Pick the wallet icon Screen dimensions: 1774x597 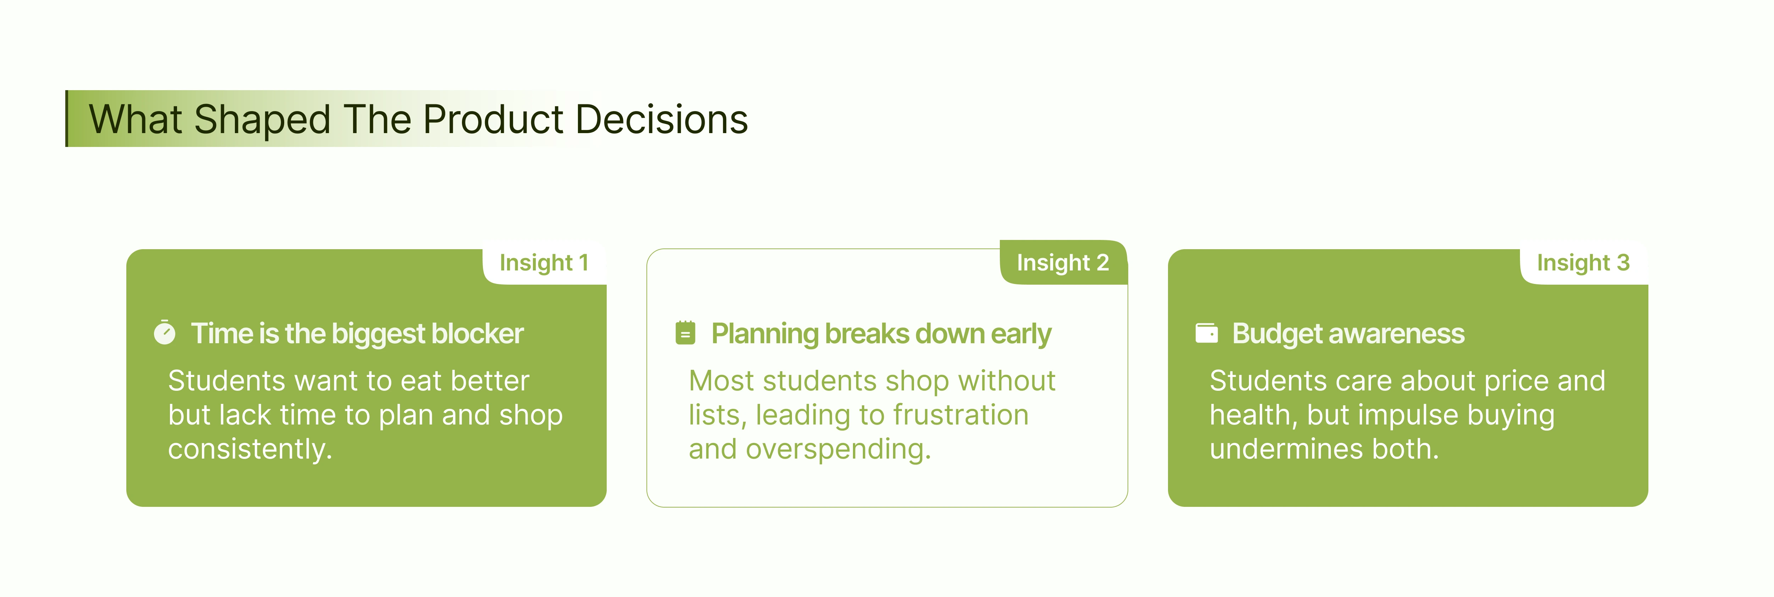(x=1207, y=333)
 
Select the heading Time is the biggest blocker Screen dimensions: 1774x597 (x=357, y=334)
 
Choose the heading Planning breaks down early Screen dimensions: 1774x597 (x=881, y=334)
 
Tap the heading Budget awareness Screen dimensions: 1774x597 (x=1348, y=334)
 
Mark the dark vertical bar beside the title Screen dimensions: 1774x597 (x=67, y=119)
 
